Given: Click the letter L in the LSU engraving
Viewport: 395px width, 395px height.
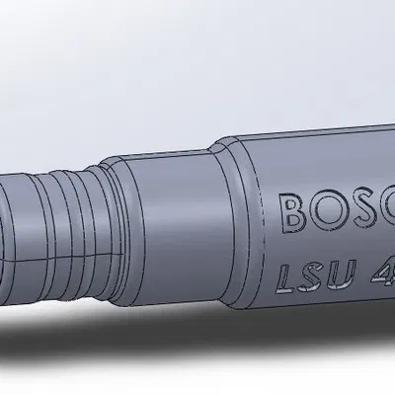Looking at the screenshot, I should (288, 276).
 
